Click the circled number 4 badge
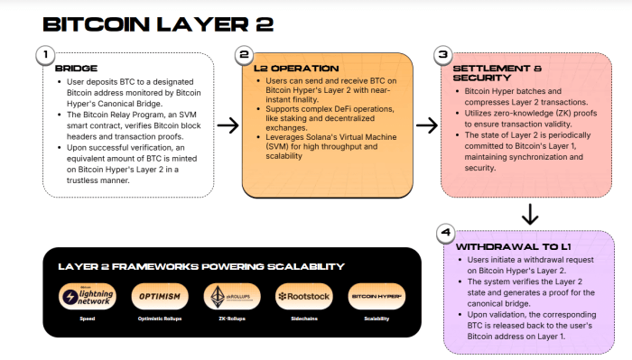(x=444, y=234)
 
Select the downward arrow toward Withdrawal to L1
(x=530, y=215)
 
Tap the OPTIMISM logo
(x=159, y=296)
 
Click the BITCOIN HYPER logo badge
(x=376, y=296)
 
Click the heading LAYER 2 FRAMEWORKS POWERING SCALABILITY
(x=200, y=266)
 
